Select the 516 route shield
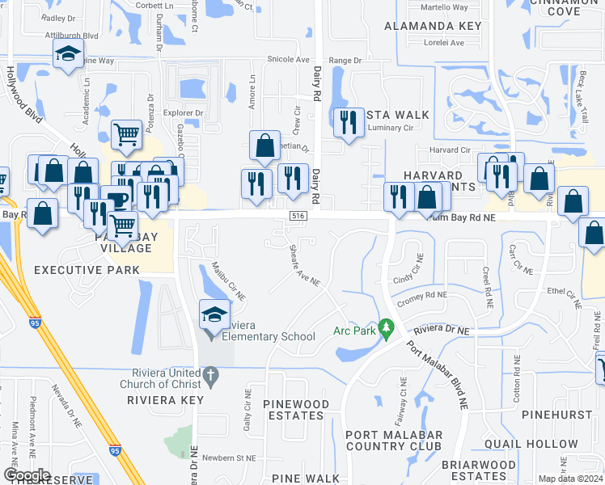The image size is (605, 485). click(x=298, y=213)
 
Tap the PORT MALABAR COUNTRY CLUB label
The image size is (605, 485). click(x=393, y=441)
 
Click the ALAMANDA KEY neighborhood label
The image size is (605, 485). click(x=433, y=26)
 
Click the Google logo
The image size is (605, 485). click(x=27, y=474)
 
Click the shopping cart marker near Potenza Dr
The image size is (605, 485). click(x=126, y=135)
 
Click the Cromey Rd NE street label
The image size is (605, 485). click(x=421, y=297)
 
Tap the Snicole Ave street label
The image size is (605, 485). click(x=289, y=60)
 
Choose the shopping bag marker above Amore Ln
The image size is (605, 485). click(x=264, y=145)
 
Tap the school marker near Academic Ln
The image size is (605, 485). click(x=69, y=55)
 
